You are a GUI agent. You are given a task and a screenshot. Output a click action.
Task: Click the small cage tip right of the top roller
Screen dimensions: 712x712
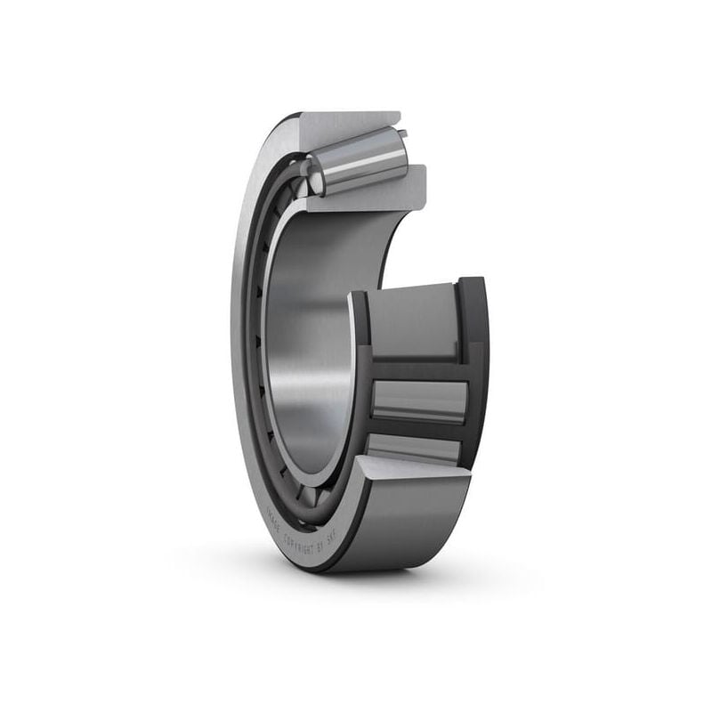click(403, 135)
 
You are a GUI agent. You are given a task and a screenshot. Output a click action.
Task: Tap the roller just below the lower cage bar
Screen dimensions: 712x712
click(414, 449)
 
